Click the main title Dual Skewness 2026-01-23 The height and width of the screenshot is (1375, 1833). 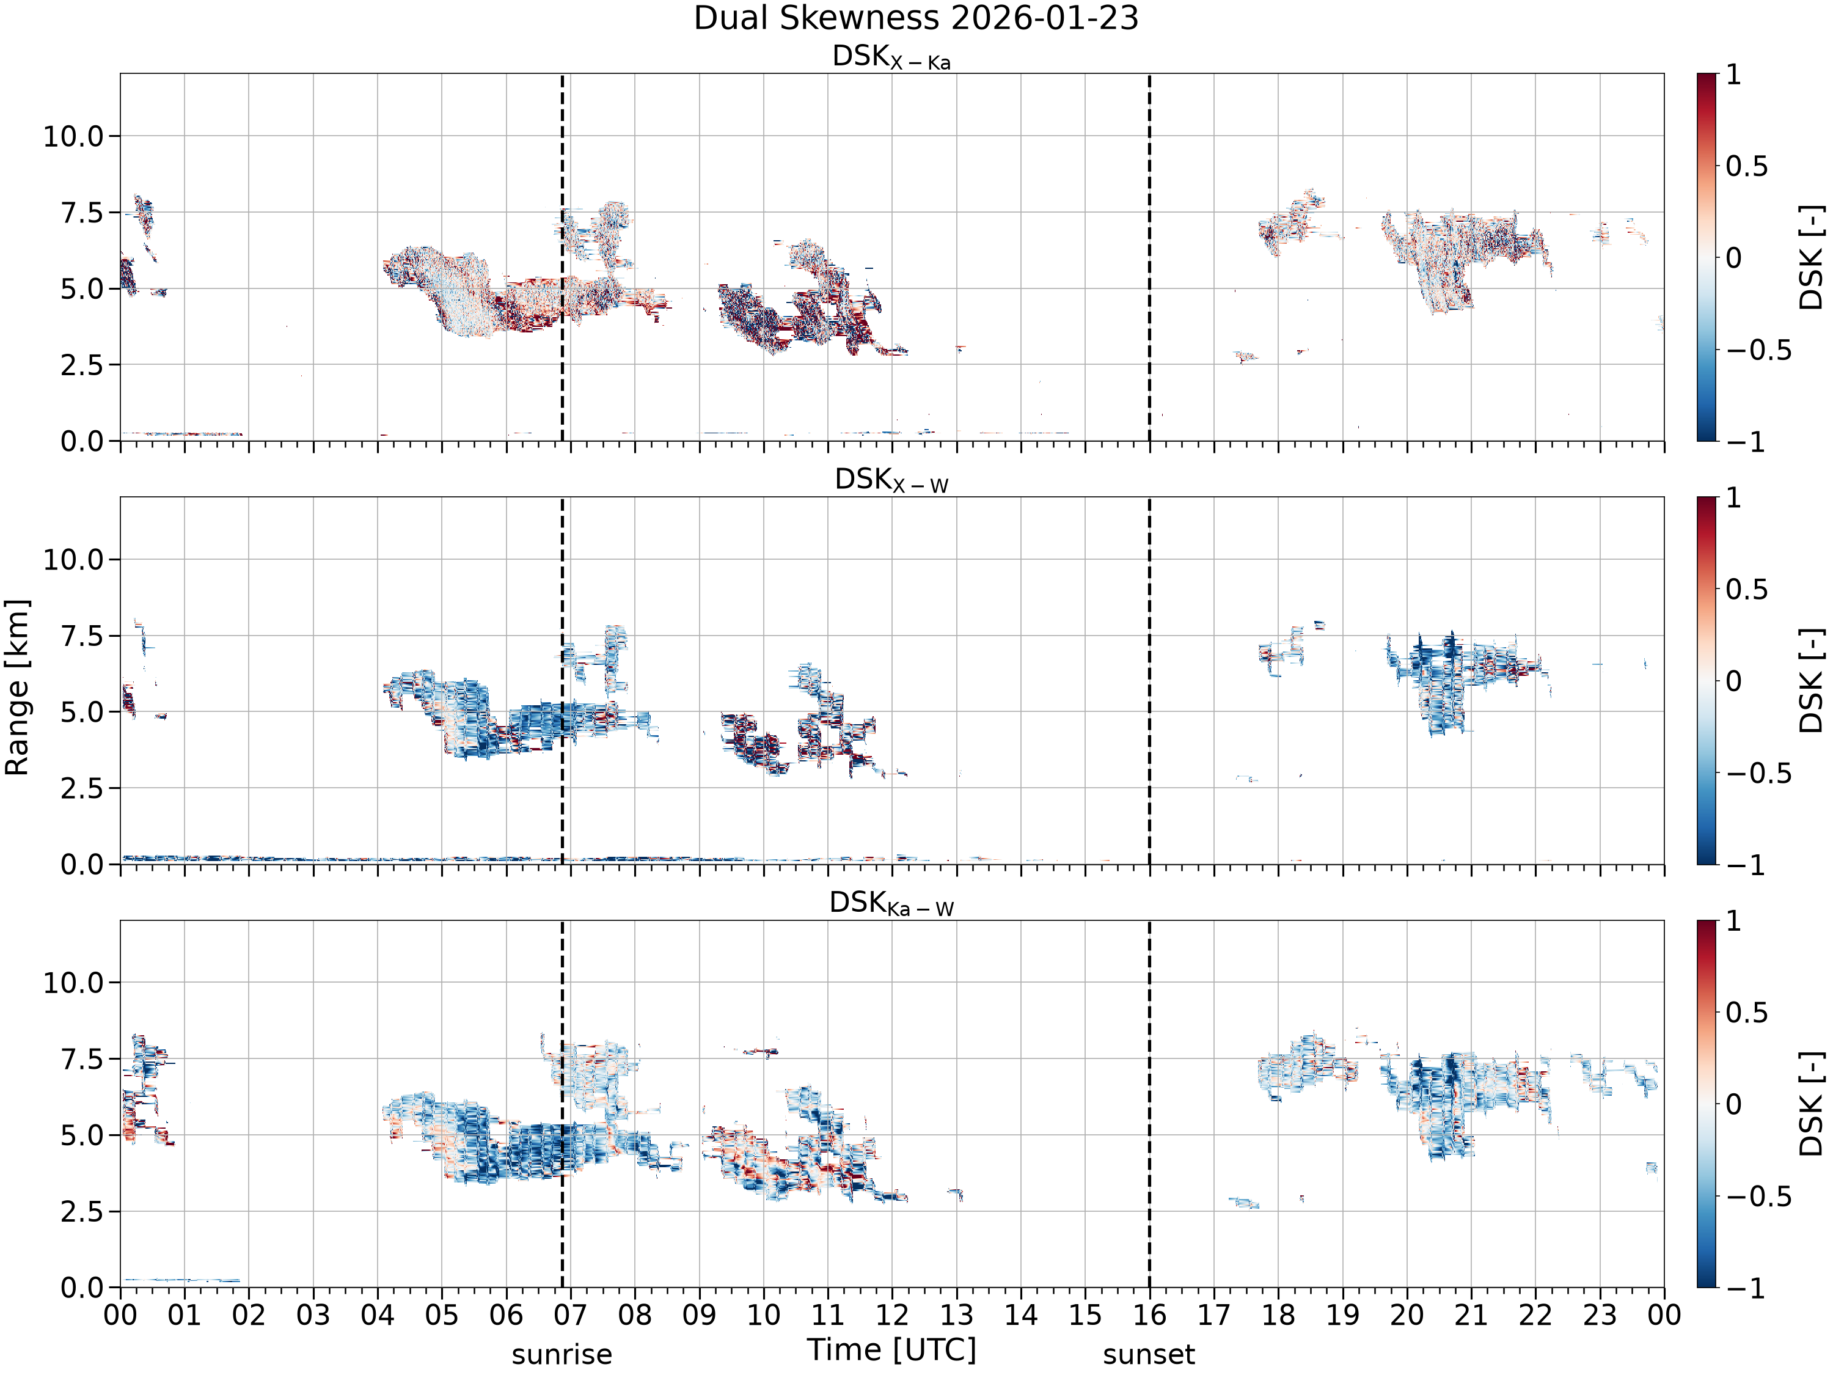click(916, 18)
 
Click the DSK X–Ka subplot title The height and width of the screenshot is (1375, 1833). click(891, 57)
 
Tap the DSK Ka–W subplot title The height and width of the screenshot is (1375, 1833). click(891, 903)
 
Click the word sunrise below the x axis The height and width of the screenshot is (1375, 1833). click(562, 1354)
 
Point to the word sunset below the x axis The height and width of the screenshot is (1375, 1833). click(1149, 1354)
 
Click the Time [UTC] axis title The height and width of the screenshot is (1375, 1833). click(891, 1350)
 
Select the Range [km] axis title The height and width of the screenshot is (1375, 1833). click(16, 687)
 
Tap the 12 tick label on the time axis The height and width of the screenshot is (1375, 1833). click(893, 1315)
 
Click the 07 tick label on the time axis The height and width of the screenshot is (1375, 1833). click(571, 1315)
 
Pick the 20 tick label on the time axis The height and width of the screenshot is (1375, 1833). click(1407, 1315)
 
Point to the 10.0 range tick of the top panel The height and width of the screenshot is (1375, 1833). click(74, 136)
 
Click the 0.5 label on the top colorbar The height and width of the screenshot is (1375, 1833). click(1747, 166)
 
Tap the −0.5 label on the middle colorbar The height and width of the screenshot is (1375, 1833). click(1759, 773)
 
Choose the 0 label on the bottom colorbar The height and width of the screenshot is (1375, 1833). click(1733, 1104)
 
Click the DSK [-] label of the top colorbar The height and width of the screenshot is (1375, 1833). click(1812, 257)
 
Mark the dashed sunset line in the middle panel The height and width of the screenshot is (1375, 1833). click(1149, 680)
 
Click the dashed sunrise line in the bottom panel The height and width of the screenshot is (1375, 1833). click(562, 1104)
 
